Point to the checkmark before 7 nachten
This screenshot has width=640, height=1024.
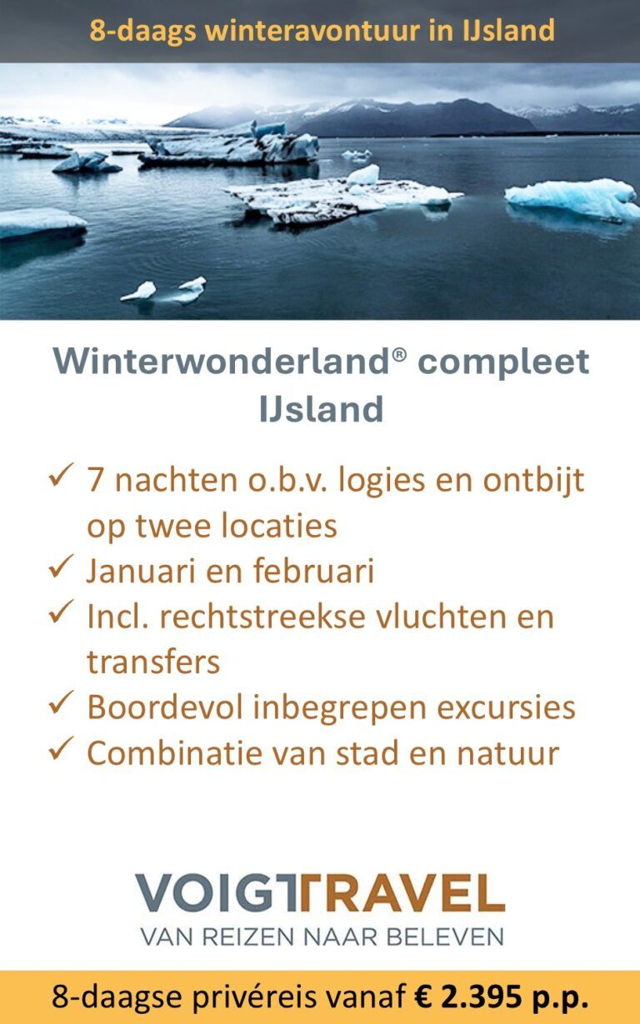click(62, 477)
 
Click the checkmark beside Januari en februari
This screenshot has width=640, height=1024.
click(62, 568)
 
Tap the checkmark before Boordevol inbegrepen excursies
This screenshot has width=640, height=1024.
click(62, 704)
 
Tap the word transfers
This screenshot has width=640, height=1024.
click(153, 662)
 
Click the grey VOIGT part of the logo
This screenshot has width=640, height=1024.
click(214, 894)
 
